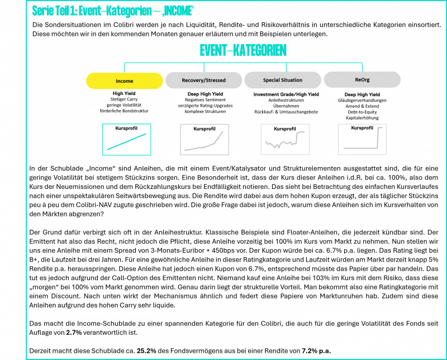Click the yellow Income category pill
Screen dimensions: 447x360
[x=124, y=80]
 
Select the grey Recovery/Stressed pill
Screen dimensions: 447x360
[x=203, y=80]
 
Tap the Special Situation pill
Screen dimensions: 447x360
[x=283, y=80]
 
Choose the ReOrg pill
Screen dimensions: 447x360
[x=362, y=79]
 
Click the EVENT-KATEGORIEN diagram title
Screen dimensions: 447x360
[x=243, y=50]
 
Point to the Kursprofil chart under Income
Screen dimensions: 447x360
[x=127, y=140]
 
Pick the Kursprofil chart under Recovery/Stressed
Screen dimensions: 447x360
[x=205, y=140]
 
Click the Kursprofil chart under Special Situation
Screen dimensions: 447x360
[x=285, y=139]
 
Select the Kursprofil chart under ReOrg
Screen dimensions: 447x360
[x=362, y=139]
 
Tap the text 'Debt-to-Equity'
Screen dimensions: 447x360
[x=362, y=112]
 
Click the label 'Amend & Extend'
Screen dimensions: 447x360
[x=362, y=106]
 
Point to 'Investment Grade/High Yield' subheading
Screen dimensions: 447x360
[x=286, y=94]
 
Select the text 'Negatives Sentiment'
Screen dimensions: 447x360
[x=205, y=100]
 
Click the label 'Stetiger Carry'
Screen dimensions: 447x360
[x=124, y=100]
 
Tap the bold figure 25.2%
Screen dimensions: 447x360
[x=146, y=351]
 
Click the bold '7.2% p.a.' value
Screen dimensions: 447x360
[x=316, y=351]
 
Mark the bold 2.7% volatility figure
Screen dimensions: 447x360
[x=74, y=333]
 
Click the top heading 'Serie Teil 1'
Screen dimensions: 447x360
[x=54, y=11]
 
